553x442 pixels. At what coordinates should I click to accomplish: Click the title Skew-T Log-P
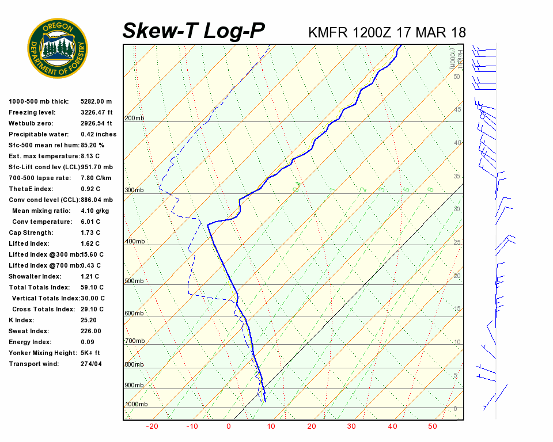(x=194, y=31)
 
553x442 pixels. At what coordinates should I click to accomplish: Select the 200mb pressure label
(x=134, y=119)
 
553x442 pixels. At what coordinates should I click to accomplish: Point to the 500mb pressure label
(x=134, y=281)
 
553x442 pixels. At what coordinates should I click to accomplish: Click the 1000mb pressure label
(x=136, y=405)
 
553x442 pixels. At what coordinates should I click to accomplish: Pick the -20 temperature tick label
(x=152, y=426)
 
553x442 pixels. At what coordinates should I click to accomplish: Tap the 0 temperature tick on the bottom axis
(x=229, y=426)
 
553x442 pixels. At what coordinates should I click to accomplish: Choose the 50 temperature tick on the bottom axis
(x=432, y=426)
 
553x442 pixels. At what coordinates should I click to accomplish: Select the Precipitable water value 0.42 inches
(x=99, y=134)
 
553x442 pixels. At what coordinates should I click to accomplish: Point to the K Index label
(x=21, y=320)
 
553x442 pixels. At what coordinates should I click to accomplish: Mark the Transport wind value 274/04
(x=91, y=364)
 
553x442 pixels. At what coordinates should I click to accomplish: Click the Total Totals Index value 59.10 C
(x=92, y=287)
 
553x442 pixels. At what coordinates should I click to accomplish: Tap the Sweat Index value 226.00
(x=91, y=331)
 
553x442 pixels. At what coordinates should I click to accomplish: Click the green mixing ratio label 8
(x=430, y=189)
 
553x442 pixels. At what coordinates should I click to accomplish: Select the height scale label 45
(x=458, y=109)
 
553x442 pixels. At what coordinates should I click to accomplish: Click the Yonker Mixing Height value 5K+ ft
(x=90, y=353)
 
